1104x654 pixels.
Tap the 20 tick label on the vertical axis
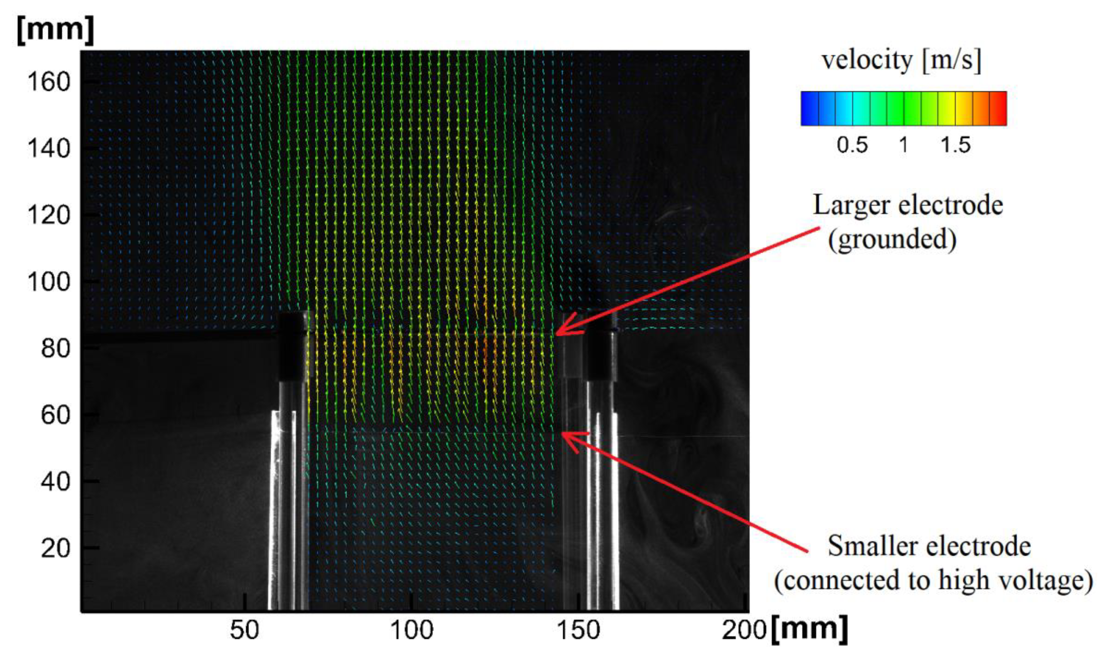pyautogui.click(x=56, y=548)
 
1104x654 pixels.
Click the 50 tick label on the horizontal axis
pyautogui.click(x=244, y=631)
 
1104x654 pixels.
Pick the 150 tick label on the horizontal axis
pyautogui.click(x=578, y=631)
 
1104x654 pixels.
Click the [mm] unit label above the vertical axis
pyautogui.click(x=56, y=30)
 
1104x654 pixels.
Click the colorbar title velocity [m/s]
pyautogui.click(x=901, y=60)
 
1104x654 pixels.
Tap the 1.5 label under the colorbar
pyautogui.click(x=955, y=145)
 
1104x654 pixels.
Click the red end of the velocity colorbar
pyautogui.click(x=999, y=108)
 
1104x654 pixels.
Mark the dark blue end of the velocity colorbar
pyautogui.click(x=809, y=108)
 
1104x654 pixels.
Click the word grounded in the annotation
pyautogui.click(x=892, y=239)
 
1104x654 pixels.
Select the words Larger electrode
pyautogui.click(x=908, y=205)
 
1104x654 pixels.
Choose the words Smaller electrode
pyautogui.click(x=929, y=546)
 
